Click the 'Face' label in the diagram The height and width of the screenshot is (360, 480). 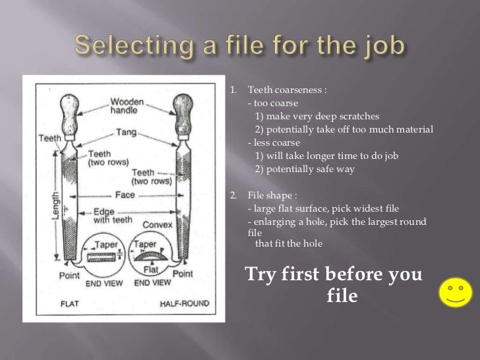tap(124, 195)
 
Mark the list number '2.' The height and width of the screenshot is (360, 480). tap(233, 195)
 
